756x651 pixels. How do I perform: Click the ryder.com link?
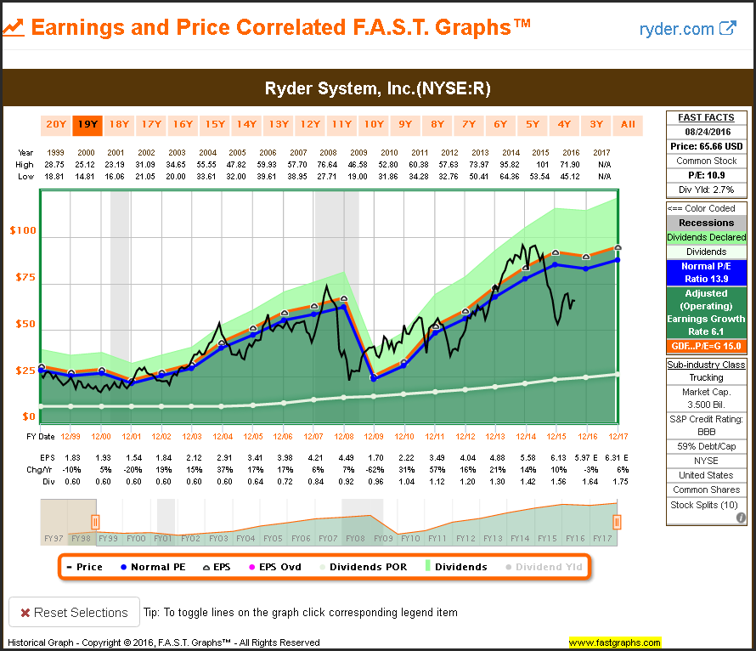click(687, 29)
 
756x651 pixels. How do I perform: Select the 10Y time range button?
click(373, 125)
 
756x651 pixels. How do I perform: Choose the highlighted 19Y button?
click(87, 125)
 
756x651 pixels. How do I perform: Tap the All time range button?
click(628, 125)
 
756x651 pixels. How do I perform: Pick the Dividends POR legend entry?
click(363, 567)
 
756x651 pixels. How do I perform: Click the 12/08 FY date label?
click(343, 436)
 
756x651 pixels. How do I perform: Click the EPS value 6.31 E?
click(619, 459)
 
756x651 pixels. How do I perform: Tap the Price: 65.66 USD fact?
click(706, 146)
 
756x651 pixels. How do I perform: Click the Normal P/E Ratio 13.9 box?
click(706, 272)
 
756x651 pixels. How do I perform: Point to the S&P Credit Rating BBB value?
click(706, 432)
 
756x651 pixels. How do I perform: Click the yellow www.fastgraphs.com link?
click(614, 643)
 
